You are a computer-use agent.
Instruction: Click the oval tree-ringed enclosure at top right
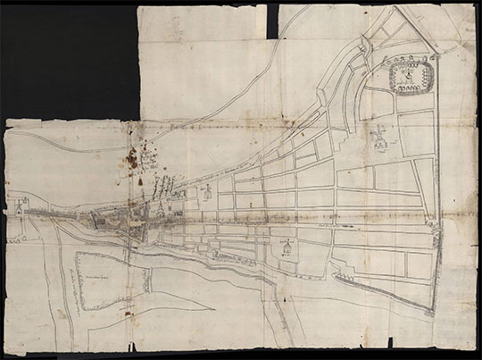click(410, 79)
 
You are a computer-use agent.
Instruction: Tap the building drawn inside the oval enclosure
click(409, 78)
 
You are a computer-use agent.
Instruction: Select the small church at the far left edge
click(18, 205)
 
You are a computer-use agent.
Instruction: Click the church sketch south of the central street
click(287, 247)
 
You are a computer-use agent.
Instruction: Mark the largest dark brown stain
click(132, 159)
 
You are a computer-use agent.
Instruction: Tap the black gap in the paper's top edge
click(272, 18)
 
